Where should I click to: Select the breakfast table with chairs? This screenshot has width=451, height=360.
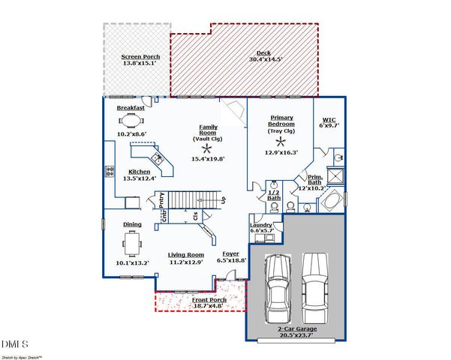(132, 120)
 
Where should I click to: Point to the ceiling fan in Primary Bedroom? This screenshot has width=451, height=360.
(281, 141)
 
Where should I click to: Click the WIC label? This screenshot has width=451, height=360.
(329, 119)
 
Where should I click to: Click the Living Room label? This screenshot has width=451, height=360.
(185, 254)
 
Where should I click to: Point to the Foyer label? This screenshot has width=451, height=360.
(230, 254)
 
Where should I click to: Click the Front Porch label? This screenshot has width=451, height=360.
(188, 299)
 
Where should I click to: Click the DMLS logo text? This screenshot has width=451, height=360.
(14, 343)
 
